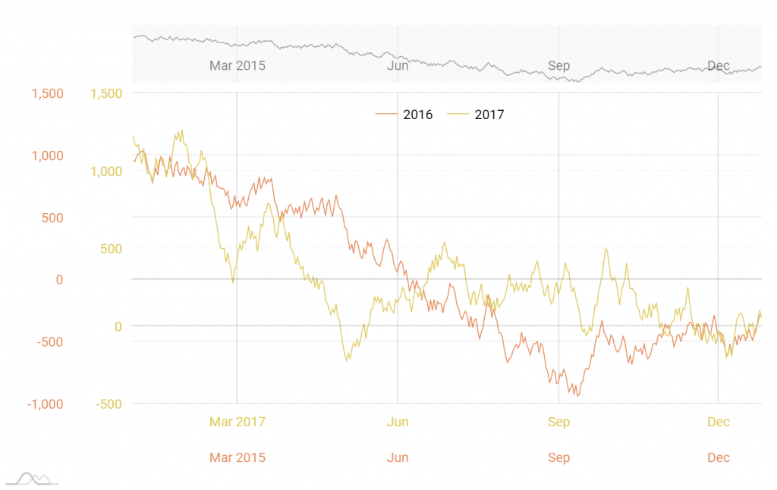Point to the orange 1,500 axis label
(47, 93)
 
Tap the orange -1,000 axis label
(46, 404)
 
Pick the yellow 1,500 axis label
(106, 93)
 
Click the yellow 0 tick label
(118, 326)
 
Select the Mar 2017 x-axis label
(238, 422)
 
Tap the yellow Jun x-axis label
(398, 422)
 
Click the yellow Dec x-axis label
(719, 422)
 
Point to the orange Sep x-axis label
(558, 457)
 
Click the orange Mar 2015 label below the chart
(238, 457)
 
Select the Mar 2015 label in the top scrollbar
(238, 65)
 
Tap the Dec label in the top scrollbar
(719, 65)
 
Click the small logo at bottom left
(33, 479)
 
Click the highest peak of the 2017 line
(181, 130)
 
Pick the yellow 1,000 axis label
(106, 171)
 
